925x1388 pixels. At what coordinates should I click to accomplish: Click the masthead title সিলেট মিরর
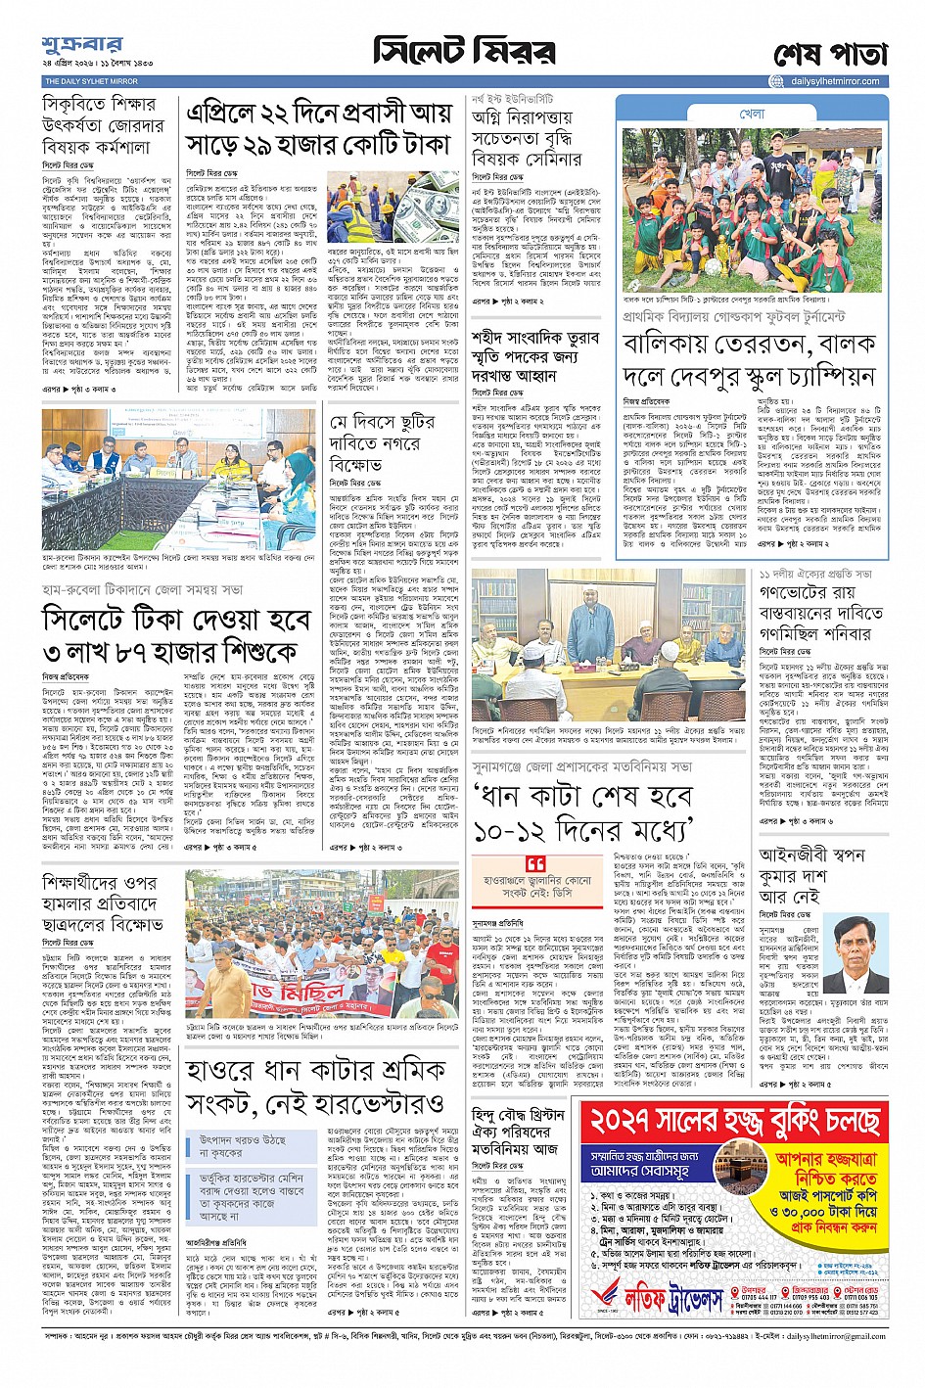point(464,50)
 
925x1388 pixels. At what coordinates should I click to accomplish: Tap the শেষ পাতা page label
point(829,53)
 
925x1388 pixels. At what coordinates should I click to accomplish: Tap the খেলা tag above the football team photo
point(752,115)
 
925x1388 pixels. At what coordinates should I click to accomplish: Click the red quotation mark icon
point(535,864)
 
